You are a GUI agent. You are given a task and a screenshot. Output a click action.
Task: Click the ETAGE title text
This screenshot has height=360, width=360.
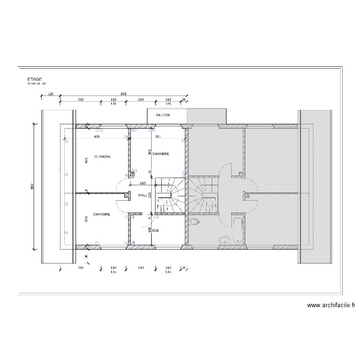35,79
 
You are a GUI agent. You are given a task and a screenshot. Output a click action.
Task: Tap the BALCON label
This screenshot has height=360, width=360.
162,116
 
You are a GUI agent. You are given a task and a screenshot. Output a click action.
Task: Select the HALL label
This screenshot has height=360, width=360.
143,195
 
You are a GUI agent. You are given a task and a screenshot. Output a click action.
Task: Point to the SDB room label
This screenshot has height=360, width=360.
156,230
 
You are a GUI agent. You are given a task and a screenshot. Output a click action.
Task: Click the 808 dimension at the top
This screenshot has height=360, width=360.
123,94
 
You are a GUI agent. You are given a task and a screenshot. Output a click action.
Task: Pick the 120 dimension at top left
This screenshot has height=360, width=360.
51,94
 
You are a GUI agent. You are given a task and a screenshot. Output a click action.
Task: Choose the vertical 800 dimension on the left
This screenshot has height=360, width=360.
33,187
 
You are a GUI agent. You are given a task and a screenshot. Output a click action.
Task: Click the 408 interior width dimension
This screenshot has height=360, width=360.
96,137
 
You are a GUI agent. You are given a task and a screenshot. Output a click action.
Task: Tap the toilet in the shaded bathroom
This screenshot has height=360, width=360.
194,221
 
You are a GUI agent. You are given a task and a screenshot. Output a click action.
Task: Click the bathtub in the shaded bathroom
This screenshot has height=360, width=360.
237,229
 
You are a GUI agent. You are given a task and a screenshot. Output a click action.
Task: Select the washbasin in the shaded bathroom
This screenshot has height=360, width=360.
224,240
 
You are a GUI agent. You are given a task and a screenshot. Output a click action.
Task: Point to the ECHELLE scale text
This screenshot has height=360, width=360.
37,84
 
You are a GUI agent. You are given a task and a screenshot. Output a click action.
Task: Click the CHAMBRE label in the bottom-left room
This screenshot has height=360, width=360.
102,215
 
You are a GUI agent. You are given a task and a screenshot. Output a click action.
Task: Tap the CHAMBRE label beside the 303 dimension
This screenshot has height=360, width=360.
160,154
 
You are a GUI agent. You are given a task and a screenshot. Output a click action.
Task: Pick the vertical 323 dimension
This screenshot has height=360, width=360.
86,219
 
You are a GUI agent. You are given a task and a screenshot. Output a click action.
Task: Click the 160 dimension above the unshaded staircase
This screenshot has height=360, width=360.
143,183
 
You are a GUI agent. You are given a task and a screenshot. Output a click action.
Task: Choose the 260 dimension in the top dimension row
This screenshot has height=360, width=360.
81,99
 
